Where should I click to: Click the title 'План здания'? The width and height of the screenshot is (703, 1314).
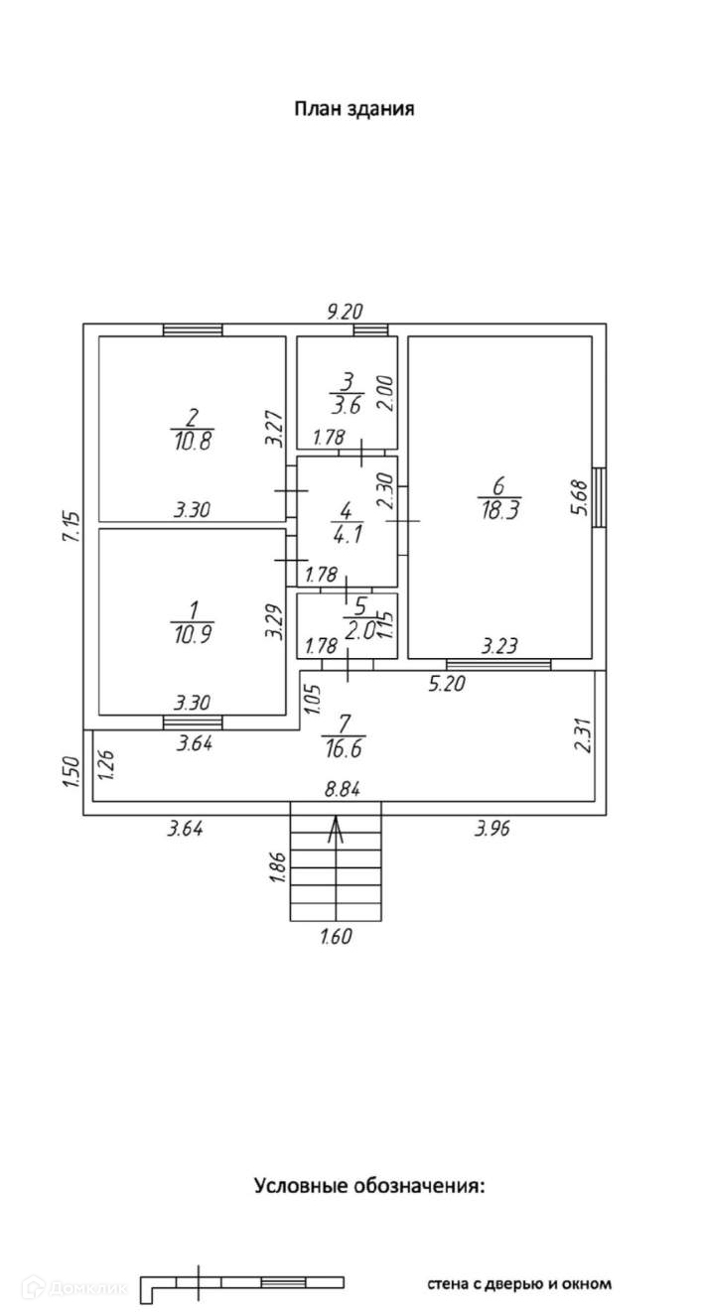tap(353, 109)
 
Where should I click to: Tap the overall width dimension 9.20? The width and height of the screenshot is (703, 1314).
tap(345, 311)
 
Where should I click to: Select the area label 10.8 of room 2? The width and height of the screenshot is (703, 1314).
tap(193, 440)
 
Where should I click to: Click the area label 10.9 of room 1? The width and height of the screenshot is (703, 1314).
tap(193, 633)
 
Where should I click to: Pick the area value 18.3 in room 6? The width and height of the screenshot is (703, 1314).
tap(498, 510)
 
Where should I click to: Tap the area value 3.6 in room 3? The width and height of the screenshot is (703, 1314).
tap(347, 405)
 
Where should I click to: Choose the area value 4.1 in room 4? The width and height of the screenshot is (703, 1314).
tap(348, 534)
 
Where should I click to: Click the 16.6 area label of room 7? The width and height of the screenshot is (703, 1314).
tap(344, 748)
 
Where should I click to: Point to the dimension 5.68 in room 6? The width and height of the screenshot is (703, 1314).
tap(578, 498)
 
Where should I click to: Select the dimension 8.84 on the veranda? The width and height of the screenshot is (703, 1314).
tap(343, 789)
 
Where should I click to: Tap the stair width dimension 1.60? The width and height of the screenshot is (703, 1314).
tap(337, 936)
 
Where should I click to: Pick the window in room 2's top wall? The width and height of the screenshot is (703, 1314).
tap(193, 329)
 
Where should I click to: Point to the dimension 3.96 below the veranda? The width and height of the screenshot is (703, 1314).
tap(492, 829)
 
